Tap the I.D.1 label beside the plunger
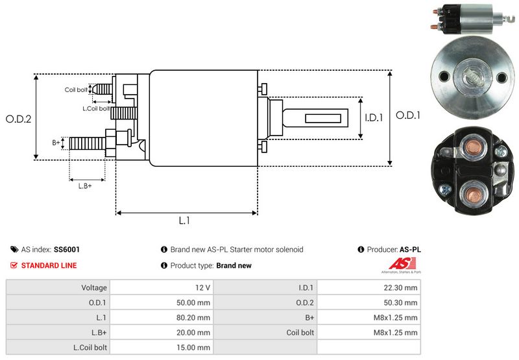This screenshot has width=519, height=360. pos(374,117)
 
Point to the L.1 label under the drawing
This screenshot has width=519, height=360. pos(184,221)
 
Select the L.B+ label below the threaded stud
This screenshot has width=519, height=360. pos(85,186)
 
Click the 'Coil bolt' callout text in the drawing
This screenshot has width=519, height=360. pos(76,90)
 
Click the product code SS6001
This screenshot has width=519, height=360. pos(67,249)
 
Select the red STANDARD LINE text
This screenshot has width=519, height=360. pos(49,265)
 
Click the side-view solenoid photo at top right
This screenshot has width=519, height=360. pos(469,19)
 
